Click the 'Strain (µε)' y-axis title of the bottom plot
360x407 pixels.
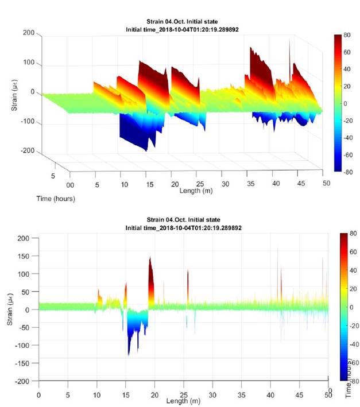point(11,309)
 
